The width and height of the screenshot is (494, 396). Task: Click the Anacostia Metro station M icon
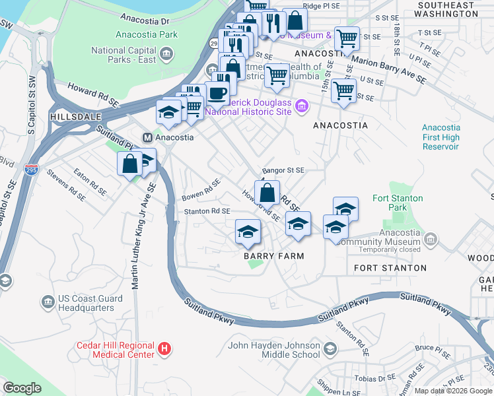point(148,137)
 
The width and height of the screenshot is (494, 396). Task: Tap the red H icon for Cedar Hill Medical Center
point(165,347)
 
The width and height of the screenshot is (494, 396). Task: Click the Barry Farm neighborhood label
point(273,256)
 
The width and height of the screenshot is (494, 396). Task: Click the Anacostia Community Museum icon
point(431,238)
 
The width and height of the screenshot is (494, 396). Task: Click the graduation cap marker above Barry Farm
point(248,232)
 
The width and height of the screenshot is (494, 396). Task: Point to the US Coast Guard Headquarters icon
point(48,302)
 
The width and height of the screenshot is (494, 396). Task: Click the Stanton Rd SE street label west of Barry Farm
point(207,211)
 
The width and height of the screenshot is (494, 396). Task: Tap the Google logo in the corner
point(22,388)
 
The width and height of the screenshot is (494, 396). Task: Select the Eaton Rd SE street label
point(90,183)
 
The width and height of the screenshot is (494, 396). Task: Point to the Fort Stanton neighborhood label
point(390,268)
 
